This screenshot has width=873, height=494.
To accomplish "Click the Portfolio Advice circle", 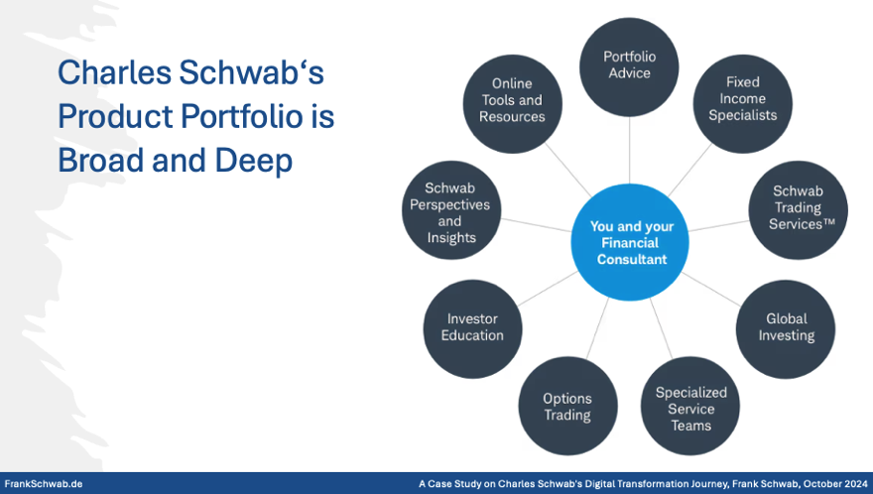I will point(628,64).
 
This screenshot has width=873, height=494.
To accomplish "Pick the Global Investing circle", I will point(786,328).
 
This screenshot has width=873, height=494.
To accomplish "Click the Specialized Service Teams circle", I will point(690,408).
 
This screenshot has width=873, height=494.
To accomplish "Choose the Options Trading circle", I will point(566,407).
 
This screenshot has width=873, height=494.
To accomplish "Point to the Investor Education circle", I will point(472,327).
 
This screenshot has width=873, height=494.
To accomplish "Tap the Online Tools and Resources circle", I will point(512,100).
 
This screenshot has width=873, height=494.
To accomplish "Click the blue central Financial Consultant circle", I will point(631,243).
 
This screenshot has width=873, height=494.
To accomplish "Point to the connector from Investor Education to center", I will point(547,289).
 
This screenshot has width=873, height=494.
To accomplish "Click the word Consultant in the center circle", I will point(631,260).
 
